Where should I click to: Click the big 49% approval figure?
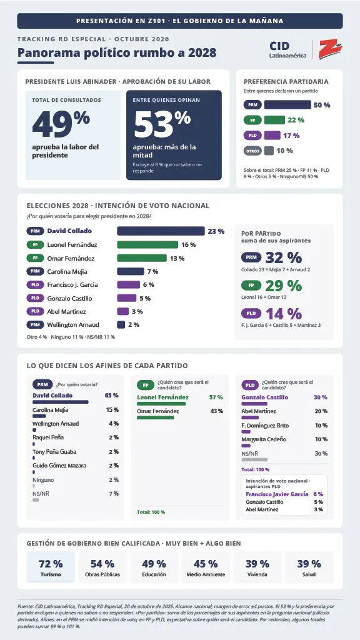click(x=61, y=124)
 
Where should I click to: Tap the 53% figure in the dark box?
click(x=162, y=124)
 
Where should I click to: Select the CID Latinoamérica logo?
click(x=287, y=49)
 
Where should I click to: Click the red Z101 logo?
click(x=330, y=49)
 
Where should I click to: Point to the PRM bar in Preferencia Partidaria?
click(x=287, y=105)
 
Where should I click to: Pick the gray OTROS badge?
click(x=252, y=151)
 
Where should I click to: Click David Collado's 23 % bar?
click(x=161, y=231)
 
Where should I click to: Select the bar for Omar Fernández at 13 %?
click(x=142, y=258)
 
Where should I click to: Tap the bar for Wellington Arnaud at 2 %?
click(x=121, y=324)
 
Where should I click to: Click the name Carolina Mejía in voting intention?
click(x=67, y=271)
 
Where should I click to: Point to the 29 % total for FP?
click(x=284, y=286)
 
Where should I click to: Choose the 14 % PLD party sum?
click(x=284, y=314)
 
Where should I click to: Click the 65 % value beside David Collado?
click(x=111, y=396)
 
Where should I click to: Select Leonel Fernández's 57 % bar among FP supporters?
click(x=161, y=404)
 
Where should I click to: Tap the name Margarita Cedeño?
click(x=264, y=439)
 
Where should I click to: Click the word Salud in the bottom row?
click(x=309, y=574)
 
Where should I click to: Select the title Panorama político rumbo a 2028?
click(x=117, y=53)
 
